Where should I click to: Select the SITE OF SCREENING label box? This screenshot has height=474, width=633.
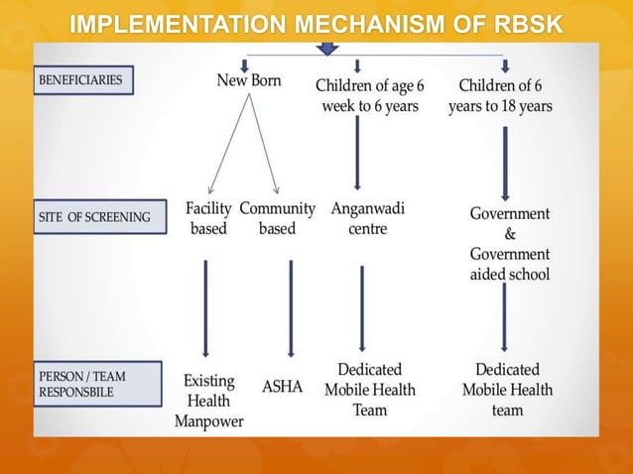coord(96,217)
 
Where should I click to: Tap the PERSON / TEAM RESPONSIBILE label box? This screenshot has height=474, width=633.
coord(96,384)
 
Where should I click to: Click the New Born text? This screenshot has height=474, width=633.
coord(249,80)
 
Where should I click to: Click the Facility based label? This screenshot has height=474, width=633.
coord(208,219)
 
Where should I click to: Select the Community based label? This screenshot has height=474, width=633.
coord(277,219)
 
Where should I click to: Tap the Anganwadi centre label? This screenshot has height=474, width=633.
coord(367,219)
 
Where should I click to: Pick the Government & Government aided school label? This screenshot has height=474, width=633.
coord(509,243)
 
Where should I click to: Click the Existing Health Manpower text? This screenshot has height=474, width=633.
coord(208,401)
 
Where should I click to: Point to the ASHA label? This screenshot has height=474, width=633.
coord(282,387)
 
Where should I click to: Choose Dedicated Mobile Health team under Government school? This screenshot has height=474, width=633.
coord(507,389)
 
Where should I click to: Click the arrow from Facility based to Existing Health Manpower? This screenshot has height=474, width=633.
coord(205,307)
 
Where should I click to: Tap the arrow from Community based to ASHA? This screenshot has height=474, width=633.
coord(291,307)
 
